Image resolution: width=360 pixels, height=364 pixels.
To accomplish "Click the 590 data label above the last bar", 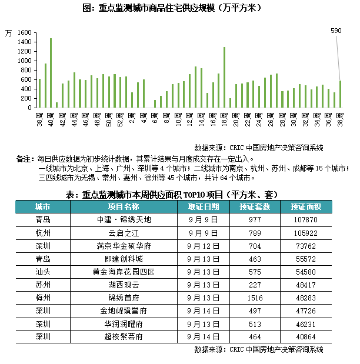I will coord(336,30).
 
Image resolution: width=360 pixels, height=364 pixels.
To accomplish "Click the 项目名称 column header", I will coord(124,206).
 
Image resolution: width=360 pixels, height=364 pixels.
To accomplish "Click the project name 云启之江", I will coord(124,232).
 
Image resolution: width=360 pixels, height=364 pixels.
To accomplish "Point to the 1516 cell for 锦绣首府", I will coord(255,298).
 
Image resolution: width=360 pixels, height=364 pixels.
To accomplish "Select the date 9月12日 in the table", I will coord(204,245).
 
